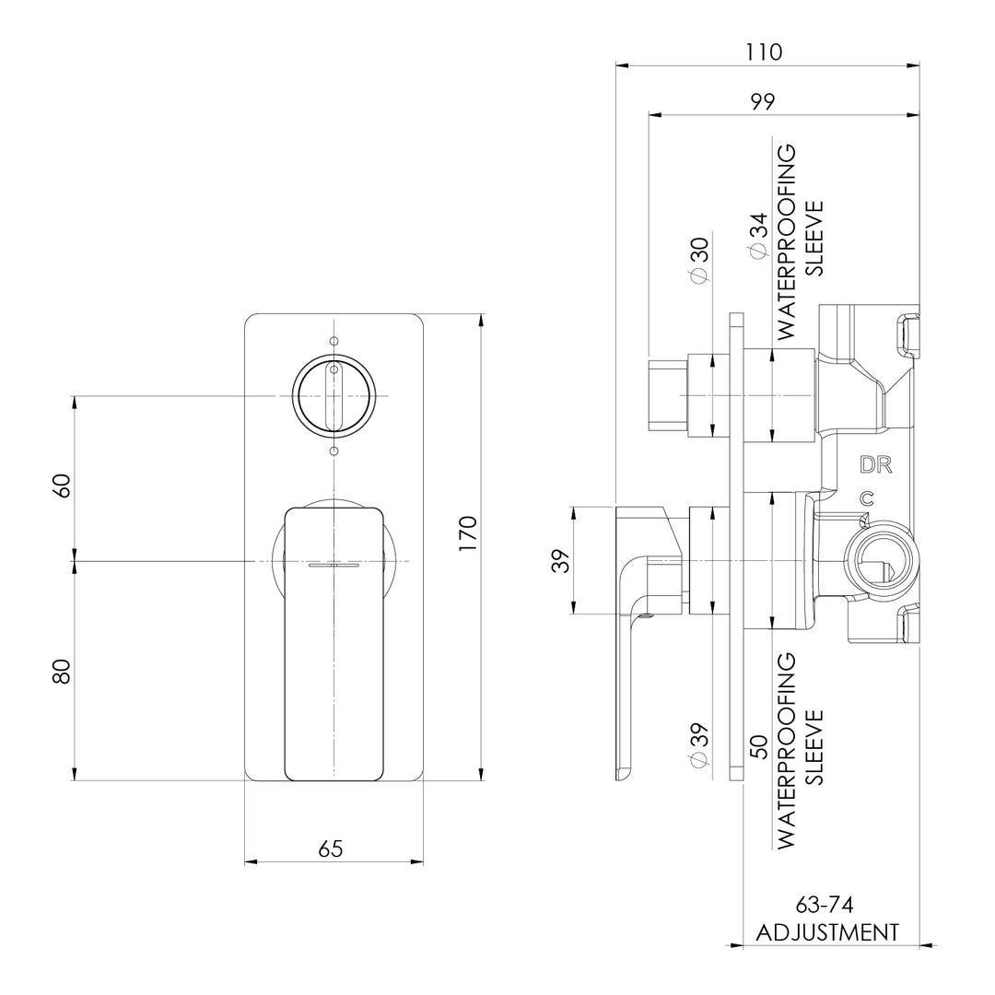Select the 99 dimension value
coord(762,101)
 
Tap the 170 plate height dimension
coord(467,534)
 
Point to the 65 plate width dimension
coord(331,849)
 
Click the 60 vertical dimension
coord(61,485)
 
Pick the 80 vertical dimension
coord(61,671)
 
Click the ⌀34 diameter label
coord(757,236)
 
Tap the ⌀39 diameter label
coord(699,744)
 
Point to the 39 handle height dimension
coord(561,560)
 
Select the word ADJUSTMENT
coord(826,932)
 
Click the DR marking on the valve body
coord(875,464)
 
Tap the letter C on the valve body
coord(865,498)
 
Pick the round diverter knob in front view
coord(334,395)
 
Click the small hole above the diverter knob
coord(334,339)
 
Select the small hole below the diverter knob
coord(334,451)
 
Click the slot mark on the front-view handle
coord(334,564)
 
